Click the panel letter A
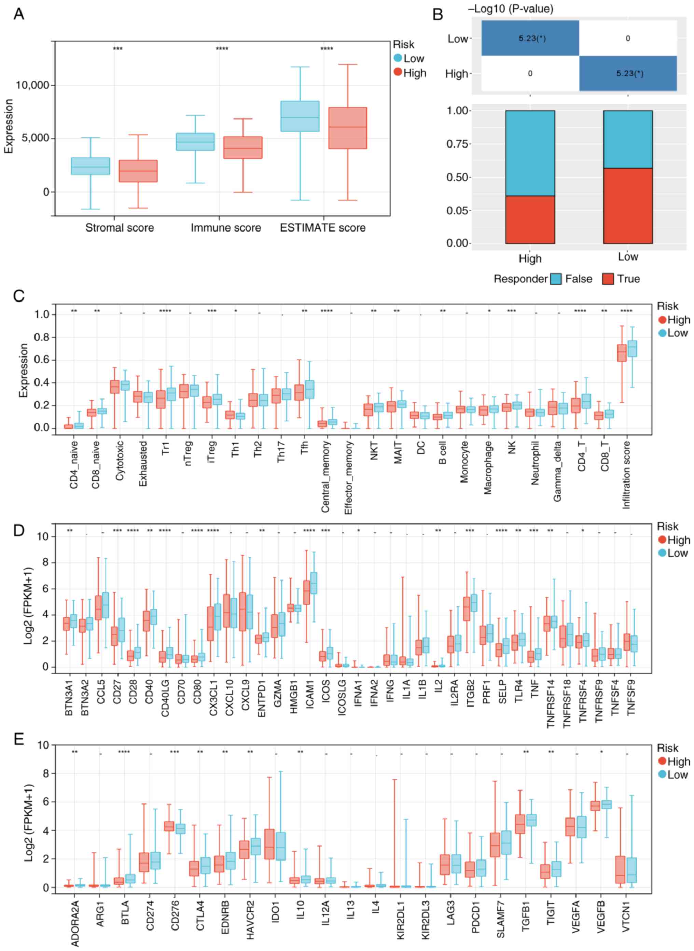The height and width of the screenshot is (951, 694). coord(18,14)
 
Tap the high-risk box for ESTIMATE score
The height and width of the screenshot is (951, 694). coord(347,128)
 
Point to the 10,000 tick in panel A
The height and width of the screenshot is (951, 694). coord(32,86)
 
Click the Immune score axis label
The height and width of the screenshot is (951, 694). coord(226,228)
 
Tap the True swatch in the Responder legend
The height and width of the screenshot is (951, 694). coord(608,279)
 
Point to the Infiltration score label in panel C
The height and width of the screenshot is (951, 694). coord(626,475)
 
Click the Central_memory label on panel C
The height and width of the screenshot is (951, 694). coord(325,477)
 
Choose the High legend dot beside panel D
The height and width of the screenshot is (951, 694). coord(663,540)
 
